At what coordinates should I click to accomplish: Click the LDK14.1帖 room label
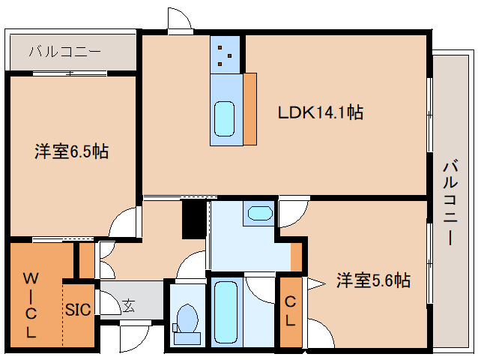(321, 113)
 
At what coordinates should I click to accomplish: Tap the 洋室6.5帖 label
(71, 151)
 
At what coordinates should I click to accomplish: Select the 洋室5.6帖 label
(372, 280)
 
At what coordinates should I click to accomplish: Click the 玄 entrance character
(129, 305)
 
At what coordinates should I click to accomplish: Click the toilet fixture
(187, 320)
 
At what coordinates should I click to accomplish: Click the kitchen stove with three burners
(225, 53)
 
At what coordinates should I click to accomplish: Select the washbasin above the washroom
(259, 213)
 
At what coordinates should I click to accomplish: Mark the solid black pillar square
(193, 219)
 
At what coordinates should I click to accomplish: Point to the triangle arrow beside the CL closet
(315, 282)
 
